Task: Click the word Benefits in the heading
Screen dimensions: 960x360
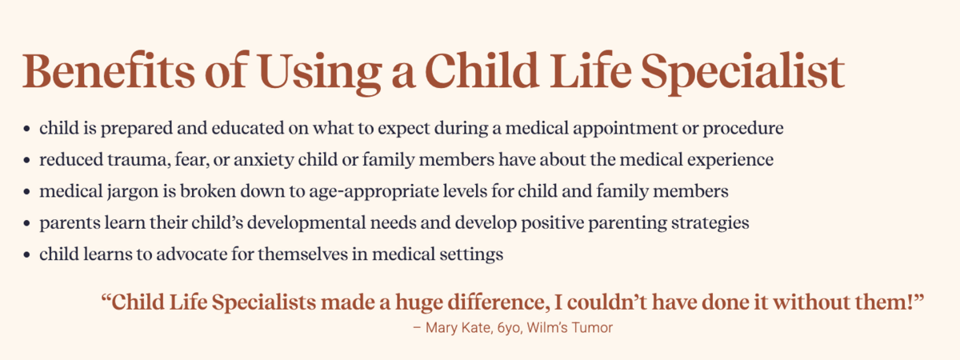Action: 109,70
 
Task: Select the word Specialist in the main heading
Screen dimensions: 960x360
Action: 742,74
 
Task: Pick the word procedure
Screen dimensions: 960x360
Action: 743,129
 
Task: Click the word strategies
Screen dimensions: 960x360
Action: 710,223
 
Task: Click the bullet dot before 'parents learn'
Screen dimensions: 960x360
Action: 27,223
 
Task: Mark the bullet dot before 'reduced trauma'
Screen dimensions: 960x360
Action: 27,160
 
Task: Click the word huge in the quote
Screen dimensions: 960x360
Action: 418,303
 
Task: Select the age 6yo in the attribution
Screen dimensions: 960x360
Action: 509,328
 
